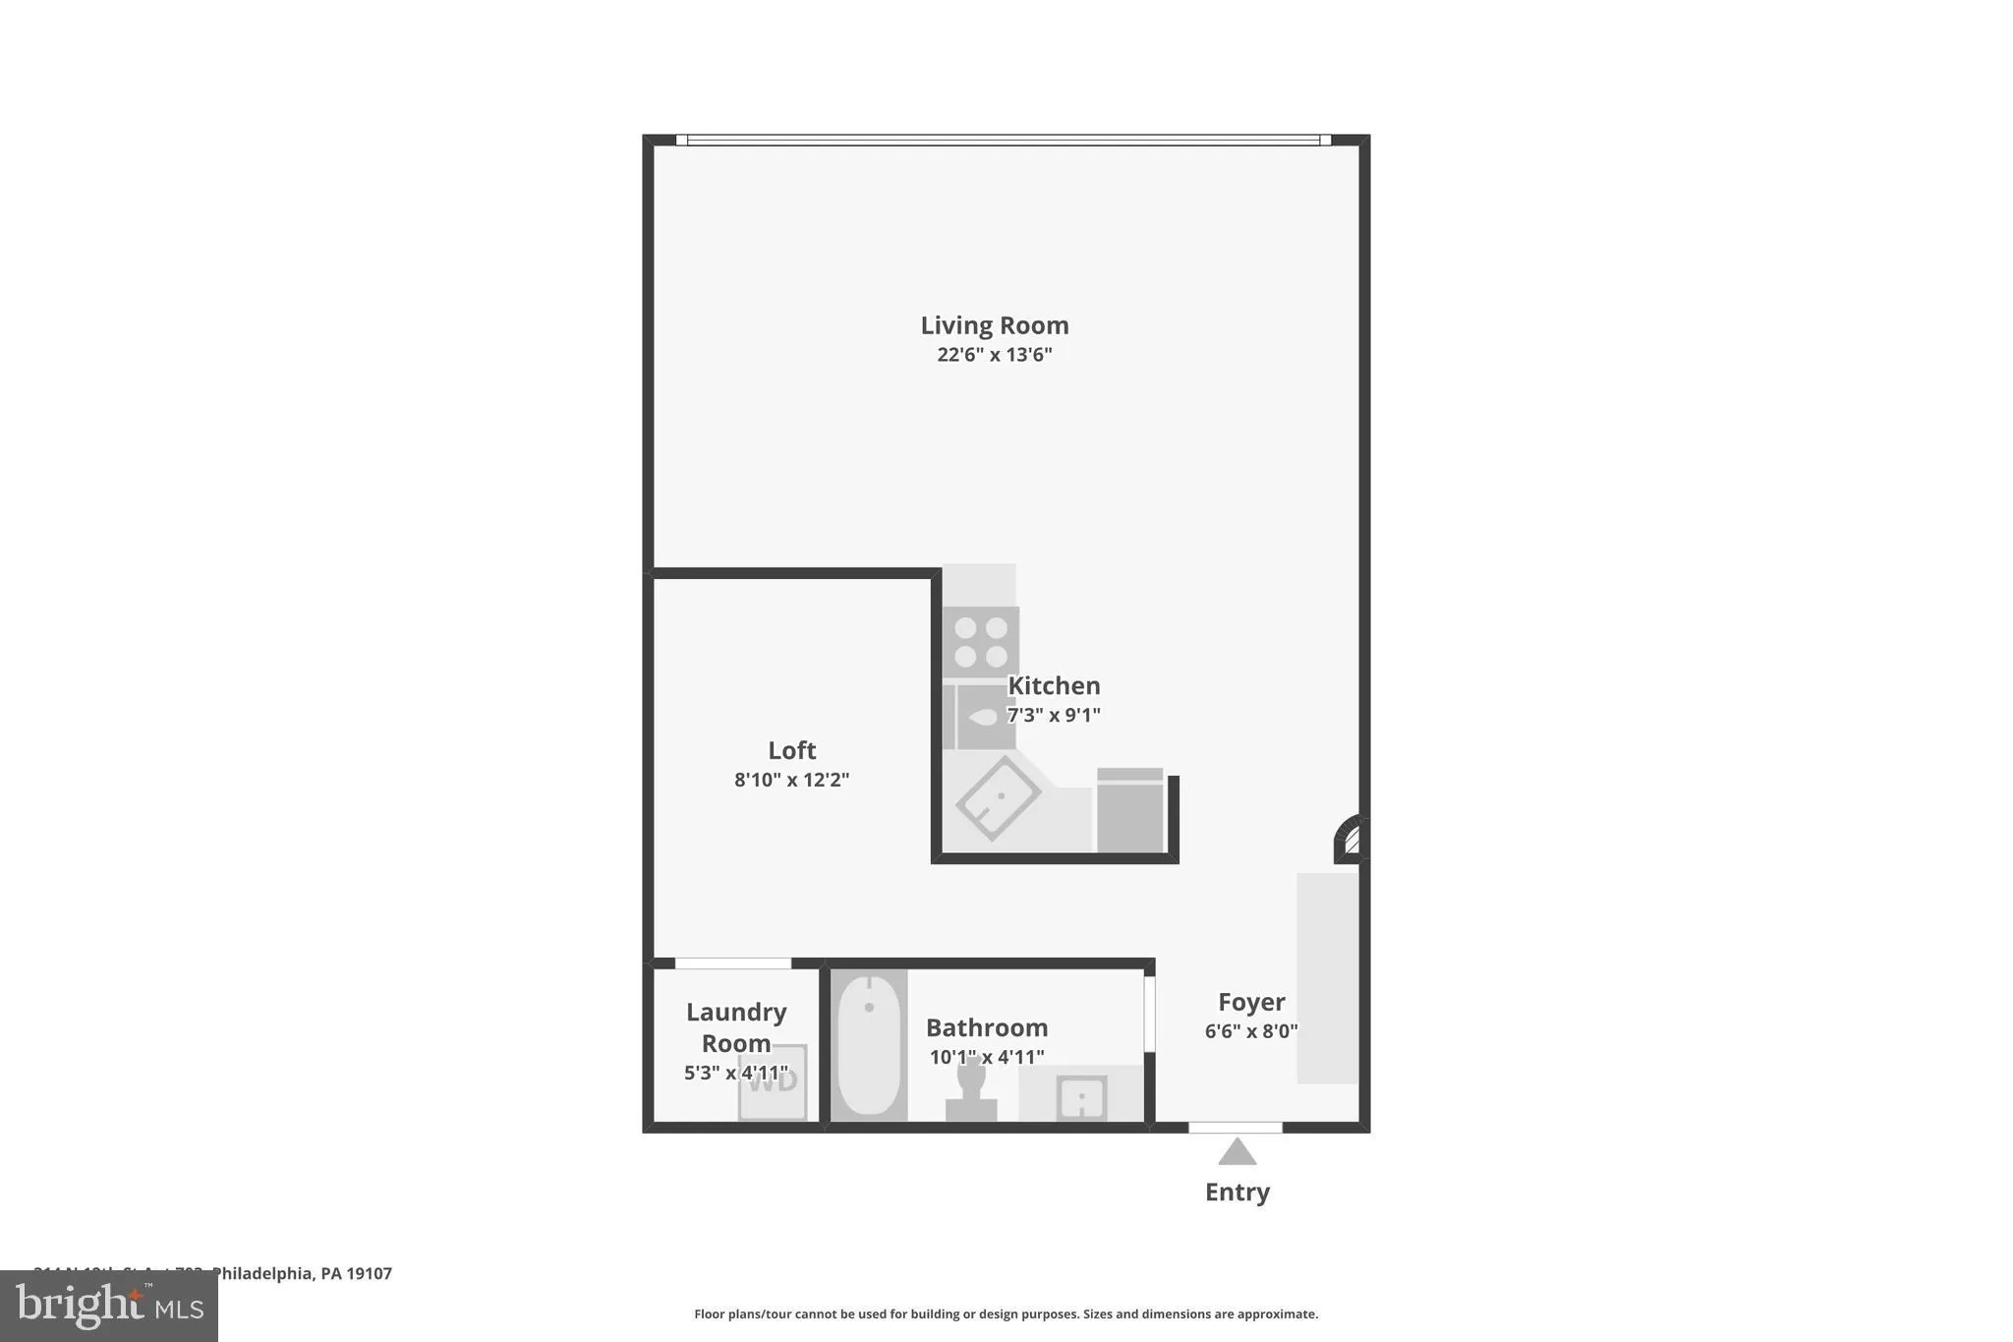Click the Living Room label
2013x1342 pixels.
click(994, 325)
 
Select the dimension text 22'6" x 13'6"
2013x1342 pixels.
click(994, 355)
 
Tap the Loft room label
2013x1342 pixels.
click(791, 750)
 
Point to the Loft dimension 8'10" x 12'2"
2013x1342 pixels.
click(791, 780)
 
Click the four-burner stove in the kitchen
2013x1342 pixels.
click(981, 642)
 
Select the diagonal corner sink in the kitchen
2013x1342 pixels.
click(998, 797)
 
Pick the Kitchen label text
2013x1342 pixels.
click(1054, 685)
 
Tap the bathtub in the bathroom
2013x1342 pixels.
click(869, 1044)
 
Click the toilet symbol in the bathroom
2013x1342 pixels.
click(971, 1089)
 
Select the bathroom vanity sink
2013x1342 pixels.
click(1081, 1097)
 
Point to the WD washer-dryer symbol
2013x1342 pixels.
click(774, 1082)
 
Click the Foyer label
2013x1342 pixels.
click(1251, 1002)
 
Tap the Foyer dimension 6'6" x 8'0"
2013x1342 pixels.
click(1251, 1031)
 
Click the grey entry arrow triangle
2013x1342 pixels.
click(1237, 1152)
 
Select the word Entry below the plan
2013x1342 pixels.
click(1237, 1192)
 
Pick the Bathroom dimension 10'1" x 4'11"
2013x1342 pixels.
click(987, 1058)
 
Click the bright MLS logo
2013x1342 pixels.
click(109, 1306)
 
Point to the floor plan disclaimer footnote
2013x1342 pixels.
click(1006, 1313)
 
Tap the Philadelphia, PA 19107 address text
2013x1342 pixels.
click(301, 1273)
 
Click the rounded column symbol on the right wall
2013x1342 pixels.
click(1349, 840)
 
